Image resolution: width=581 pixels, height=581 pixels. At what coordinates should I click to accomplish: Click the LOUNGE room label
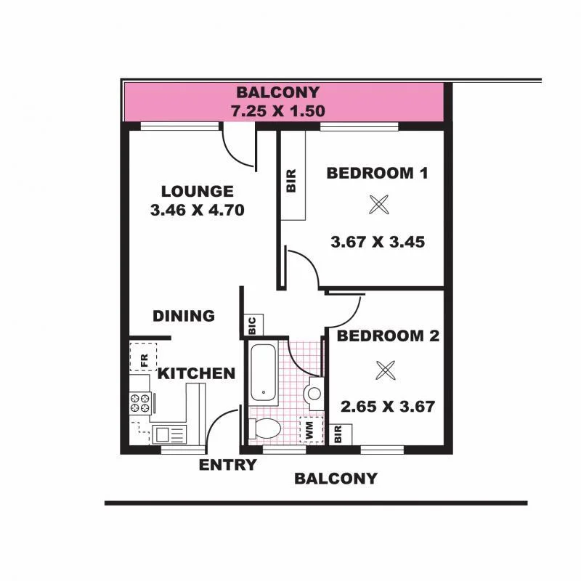[x=197, y=192]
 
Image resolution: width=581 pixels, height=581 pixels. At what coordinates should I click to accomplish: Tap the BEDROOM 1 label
[x=377, y=173]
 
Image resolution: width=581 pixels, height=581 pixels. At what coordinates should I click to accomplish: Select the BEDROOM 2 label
[x=388, y=336]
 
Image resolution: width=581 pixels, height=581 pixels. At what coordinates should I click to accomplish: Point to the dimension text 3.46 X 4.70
[x=196, y=211]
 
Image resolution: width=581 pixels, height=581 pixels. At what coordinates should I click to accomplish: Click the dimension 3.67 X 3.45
[x=377, y=242]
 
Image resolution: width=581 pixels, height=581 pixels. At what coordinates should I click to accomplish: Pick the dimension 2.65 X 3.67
[x=387, y=406]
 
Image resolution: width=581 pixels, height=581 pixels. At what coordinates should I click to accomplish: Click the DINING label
[x=184, y=316]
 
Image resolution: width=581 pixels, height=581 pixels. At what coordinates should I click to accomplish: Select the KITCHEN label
[x=196, y=374]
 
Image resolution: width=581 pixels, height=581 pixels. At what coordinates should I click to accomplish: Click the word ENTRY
[x=227, y=465]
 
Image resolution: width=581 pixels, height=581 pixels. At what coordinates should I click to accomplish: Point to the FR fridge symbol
[x=142, y=358]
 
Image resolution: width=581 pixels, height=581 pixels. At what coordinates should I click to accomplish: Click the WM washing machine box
[x=311, y=429]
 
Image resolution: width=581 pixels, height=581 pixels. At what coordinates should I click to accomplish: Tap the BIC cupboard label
[x=252, y=324]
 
